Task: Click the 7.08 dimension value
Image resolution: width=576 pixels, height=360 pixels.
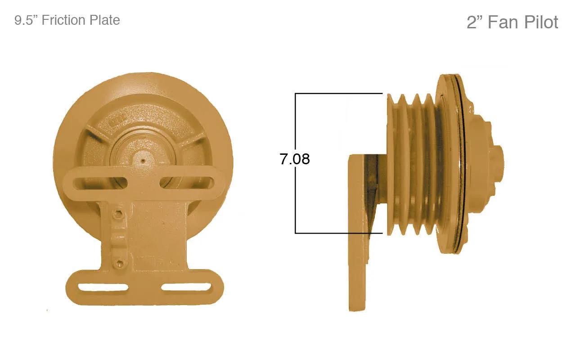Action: point(294,159)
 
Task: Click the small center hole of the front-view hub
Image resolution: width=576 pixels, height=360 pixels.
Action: point(143,161)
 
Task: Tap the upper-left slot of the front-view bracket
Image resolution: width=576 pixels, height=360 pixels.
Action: point(100,183)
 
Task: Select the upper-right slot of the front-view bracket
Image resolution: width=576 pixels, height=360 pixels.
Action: point(186,183)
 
